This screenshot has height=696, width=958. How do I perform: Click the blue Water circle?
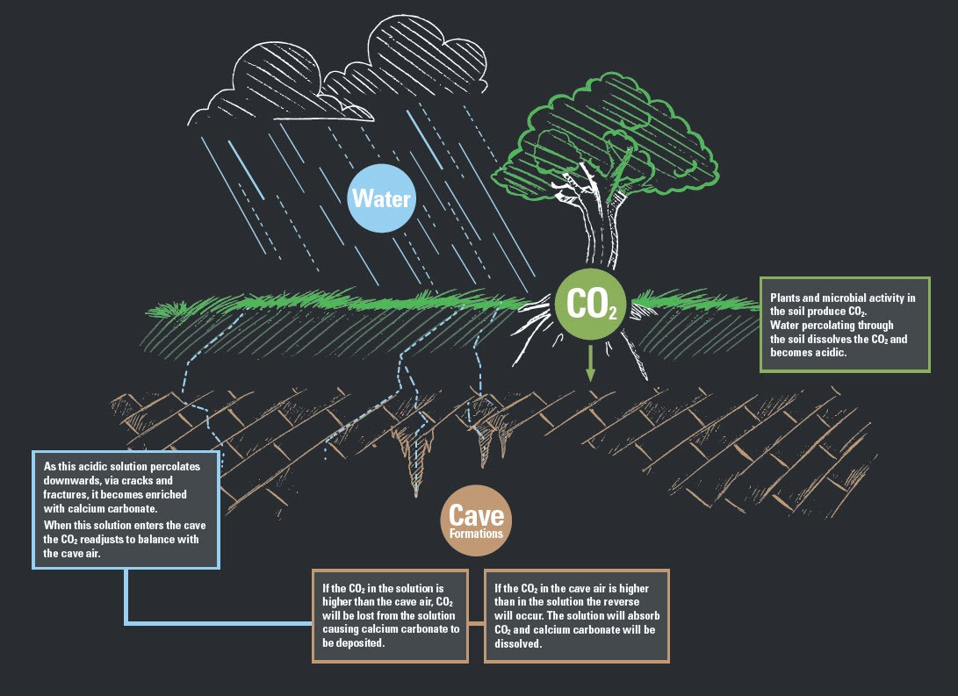(380, 197)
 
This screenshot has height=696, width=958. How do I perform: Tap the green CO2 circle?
(590, 303)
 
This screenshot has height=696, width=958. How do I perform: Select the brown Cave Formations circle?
(476, 521)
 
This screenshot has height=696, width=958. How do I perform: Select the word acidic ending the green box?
(832, 352)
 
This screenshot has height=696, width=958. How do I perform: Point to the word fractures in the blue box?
(67, 494)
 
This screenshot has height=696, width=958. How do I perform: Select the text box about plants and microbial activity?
(843, 325)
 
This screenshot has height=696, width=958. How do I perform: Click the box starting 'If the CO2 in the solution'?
(390, 615)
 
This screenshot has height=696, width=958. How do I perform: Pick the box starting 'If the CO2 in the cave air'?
(576, 615)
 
